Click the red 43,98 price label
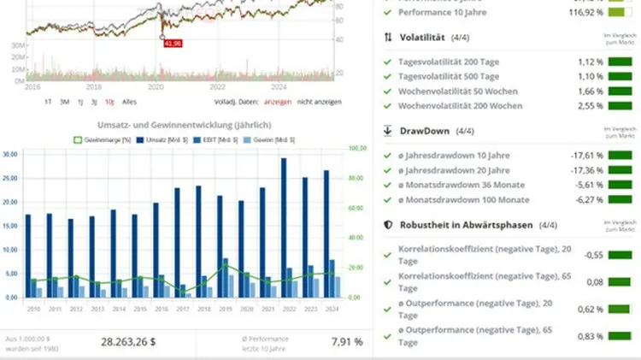point(174,43)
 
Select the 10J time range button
point(109,102)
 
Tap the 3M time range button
point(65,102)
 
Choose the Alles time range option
point(130,102)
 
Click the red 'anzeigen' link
point(277,102)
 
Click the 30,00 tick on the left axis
point(11,155)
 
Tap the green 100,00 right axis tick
point(359,149)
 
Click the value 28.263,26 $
point(128,341)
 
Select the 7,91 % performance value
point(346,341)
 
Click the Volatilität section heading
point(426,38)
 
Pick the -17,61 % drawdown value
point(587,155)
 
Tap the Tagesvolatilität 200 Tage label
point(449,62)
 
